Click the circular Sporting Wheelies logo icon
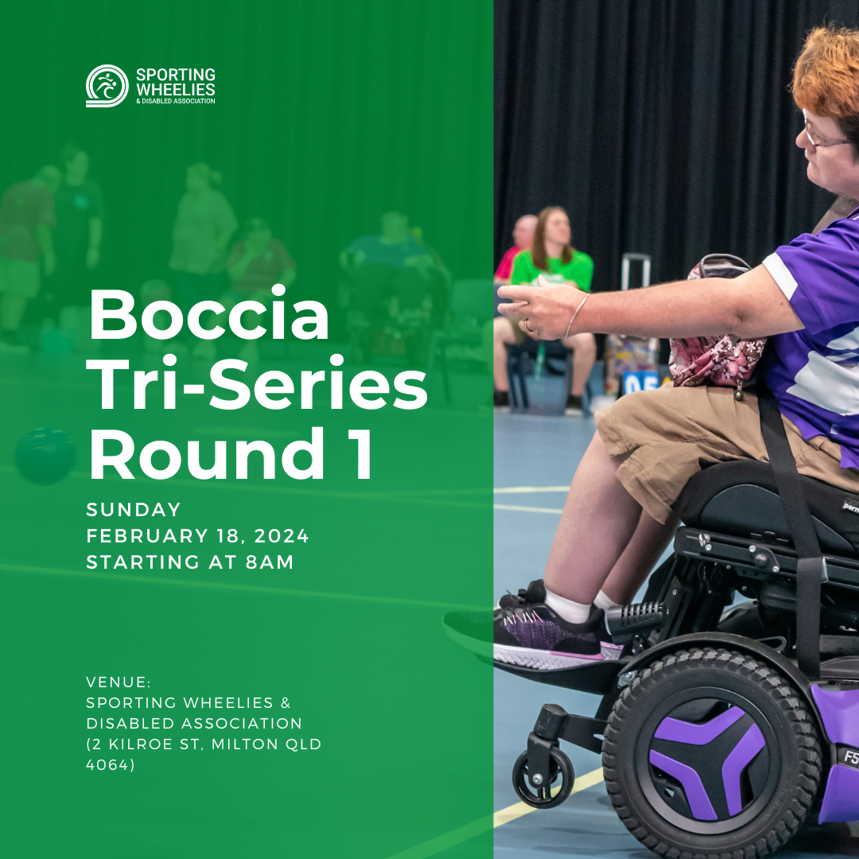point(107,85)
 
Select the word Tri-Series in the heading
point(257,383)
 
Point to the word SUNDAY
point(133,510)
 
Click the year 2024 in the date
point(282,536)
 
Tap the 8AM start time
point(270,562)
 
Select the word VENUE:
point(119,682)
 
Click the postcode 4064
point(107,764)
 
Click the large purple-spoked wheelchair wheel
point(711,756)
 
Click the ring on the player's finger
point(527,326)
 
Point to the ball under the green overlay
point(45,456)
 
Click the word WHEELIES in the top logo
point(175,89)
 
